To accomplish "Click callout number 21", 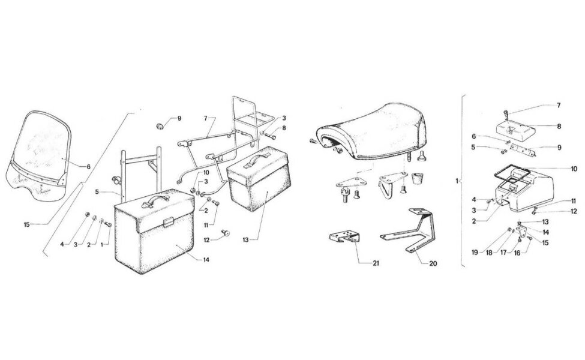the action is [x=376, y=263].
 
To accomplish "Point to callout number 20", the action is [x=433, y=263].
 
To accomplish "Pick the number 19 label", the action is [x=475, y=253].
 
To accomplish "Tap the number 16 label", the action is [x=517, y=253].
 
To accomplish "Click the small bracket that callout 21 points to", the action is [x=344, y=236].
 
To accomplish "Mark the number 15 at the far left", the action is [x=26, y=224].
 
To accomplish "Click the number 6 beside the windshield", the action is [x=88, y=167].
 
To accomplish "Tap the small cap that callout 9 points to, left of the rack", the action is [x=160, y=126].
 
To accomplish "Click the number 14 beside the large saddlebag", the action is [x=206, y=260].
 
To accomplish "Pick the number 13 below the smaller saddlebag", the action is [x=245, y=240].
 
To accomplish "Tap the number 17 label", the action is [x=503, y=253].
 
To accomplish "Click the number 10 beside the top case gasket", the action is [x=574, y=169].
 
